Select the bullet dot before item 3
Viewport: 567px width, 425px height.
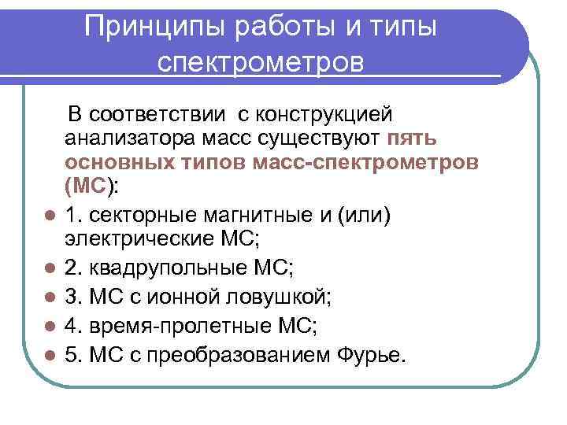[x=49, y=298]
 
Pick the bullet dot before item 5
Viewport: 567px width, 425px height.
[x=49, y=357]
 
